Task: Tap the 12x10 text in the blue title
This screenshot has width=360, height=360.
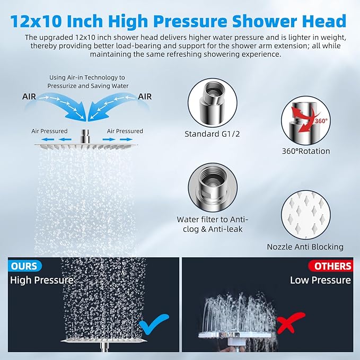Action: pyautogui.click(x=34, y=21)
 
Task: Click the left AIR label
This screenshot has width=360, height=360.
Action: pyautogui.click(x=30, y=96)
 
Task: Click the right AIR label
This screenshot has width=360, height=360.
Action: pyautogui.click(x=145, y=96)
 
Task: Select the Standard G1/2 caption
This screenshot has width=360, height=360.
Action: pyautogui.click(x=212, y=134)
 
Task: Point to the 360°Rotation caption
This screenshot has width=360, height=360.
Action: pyautogui.click(x=306, y=151)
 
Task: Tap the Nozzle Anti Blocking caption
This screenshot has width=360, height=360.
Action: pyautogui.click(x=305, y=247)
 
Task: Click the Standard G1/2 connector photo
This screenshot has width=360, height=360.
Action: pyautogui.click(x=212, y=101)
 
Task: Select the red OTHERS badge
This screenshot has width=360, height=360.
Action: pyautogui.click(x=333, y=266)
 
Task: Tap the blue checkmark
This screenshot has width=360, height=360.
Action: pyautogui.click(x=153, y=322)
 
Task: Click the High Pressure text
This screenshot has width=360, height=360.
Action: pyautogui.click(x=41, y=280)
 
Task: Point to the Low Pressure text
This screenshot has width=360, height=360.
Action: pyautogui.click(x=320, y=280)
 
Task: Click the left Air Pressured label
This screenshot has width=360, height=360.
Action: pyautogui.click(x=49, y=131)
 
